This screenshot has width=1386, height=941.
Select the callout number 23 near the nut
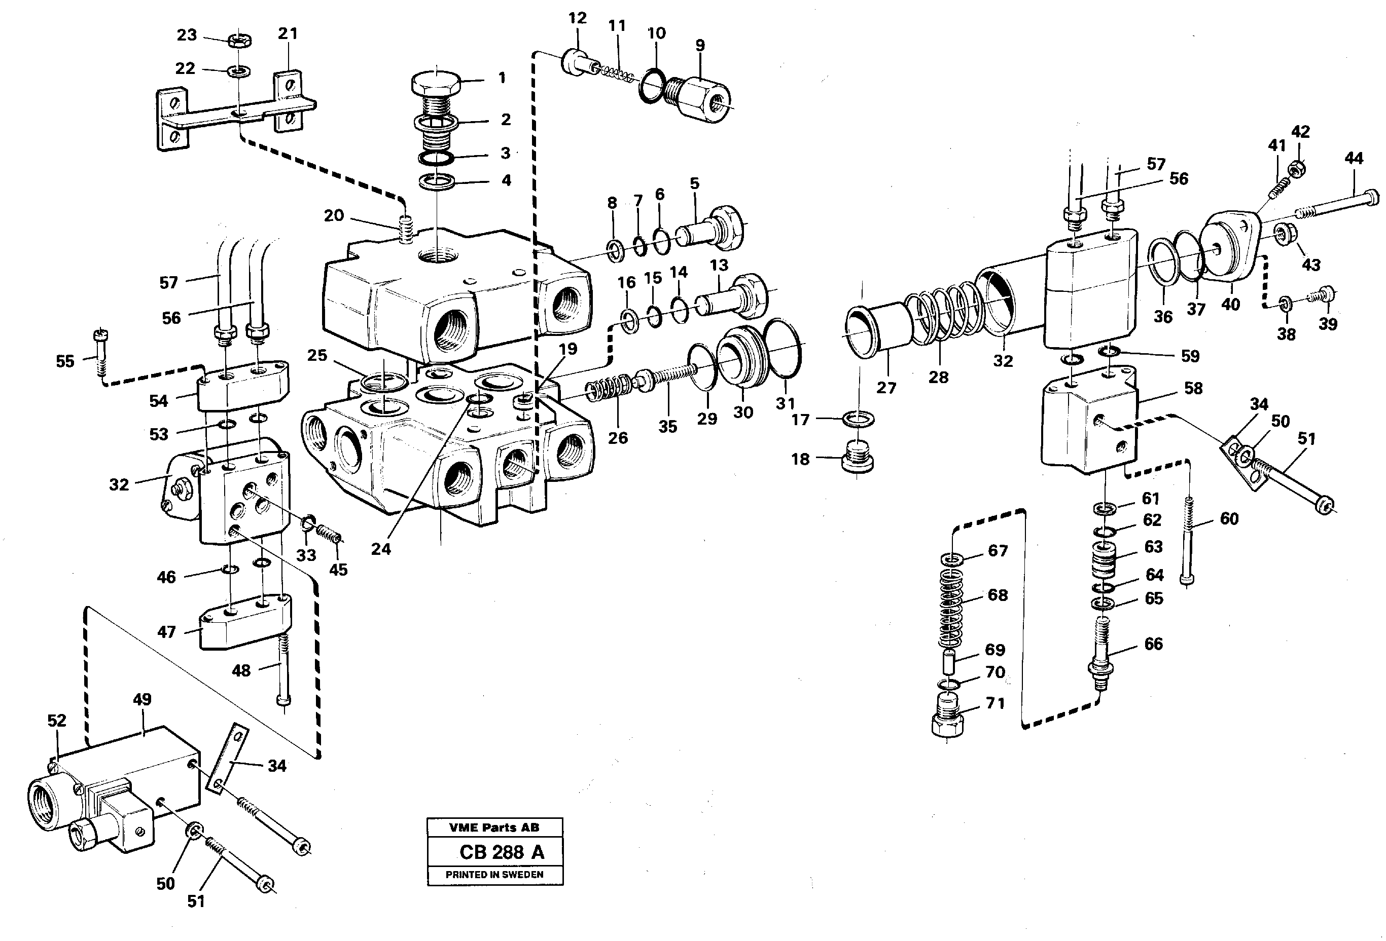click(187, 34)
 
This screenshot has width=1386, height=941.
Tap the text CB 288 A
click(502, 852)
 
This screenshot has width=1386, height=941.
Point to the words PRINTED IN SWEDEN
click(494, 875)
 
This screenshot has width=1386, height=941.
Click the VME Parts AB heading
click(494, 827)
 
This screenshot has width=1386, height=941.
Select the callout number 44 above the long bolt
click(1354, 159)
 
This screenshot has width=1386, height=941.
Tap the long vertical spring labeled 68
click(951, 608)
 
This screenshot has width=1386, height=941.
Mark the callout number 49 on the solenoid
click(142, 699)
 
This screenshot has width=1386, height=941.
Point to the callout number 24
click(381, 549)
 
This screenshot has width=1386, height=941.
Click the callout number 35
click(667, 426)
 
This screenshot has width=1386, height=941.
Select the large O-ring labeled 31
click(782, 349)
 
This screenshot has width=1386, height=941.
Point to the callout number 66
click(1153, 644)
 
